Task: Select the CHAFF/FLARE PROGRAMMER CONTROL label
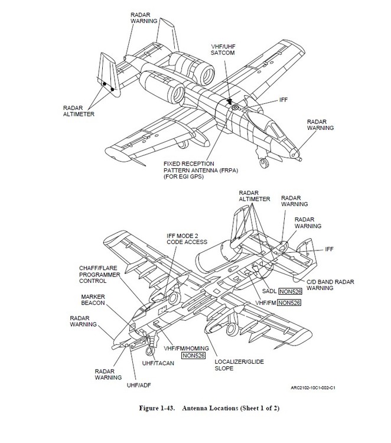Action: (99, 275)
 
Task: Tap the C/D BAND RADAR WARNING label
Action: (324, 285)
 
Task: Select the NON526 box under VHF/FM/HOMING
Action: (193, 356)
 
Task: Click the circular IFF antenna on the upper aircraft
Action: (235, 108)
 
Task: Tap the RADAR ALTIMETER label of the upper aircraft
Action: (78, 112)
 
